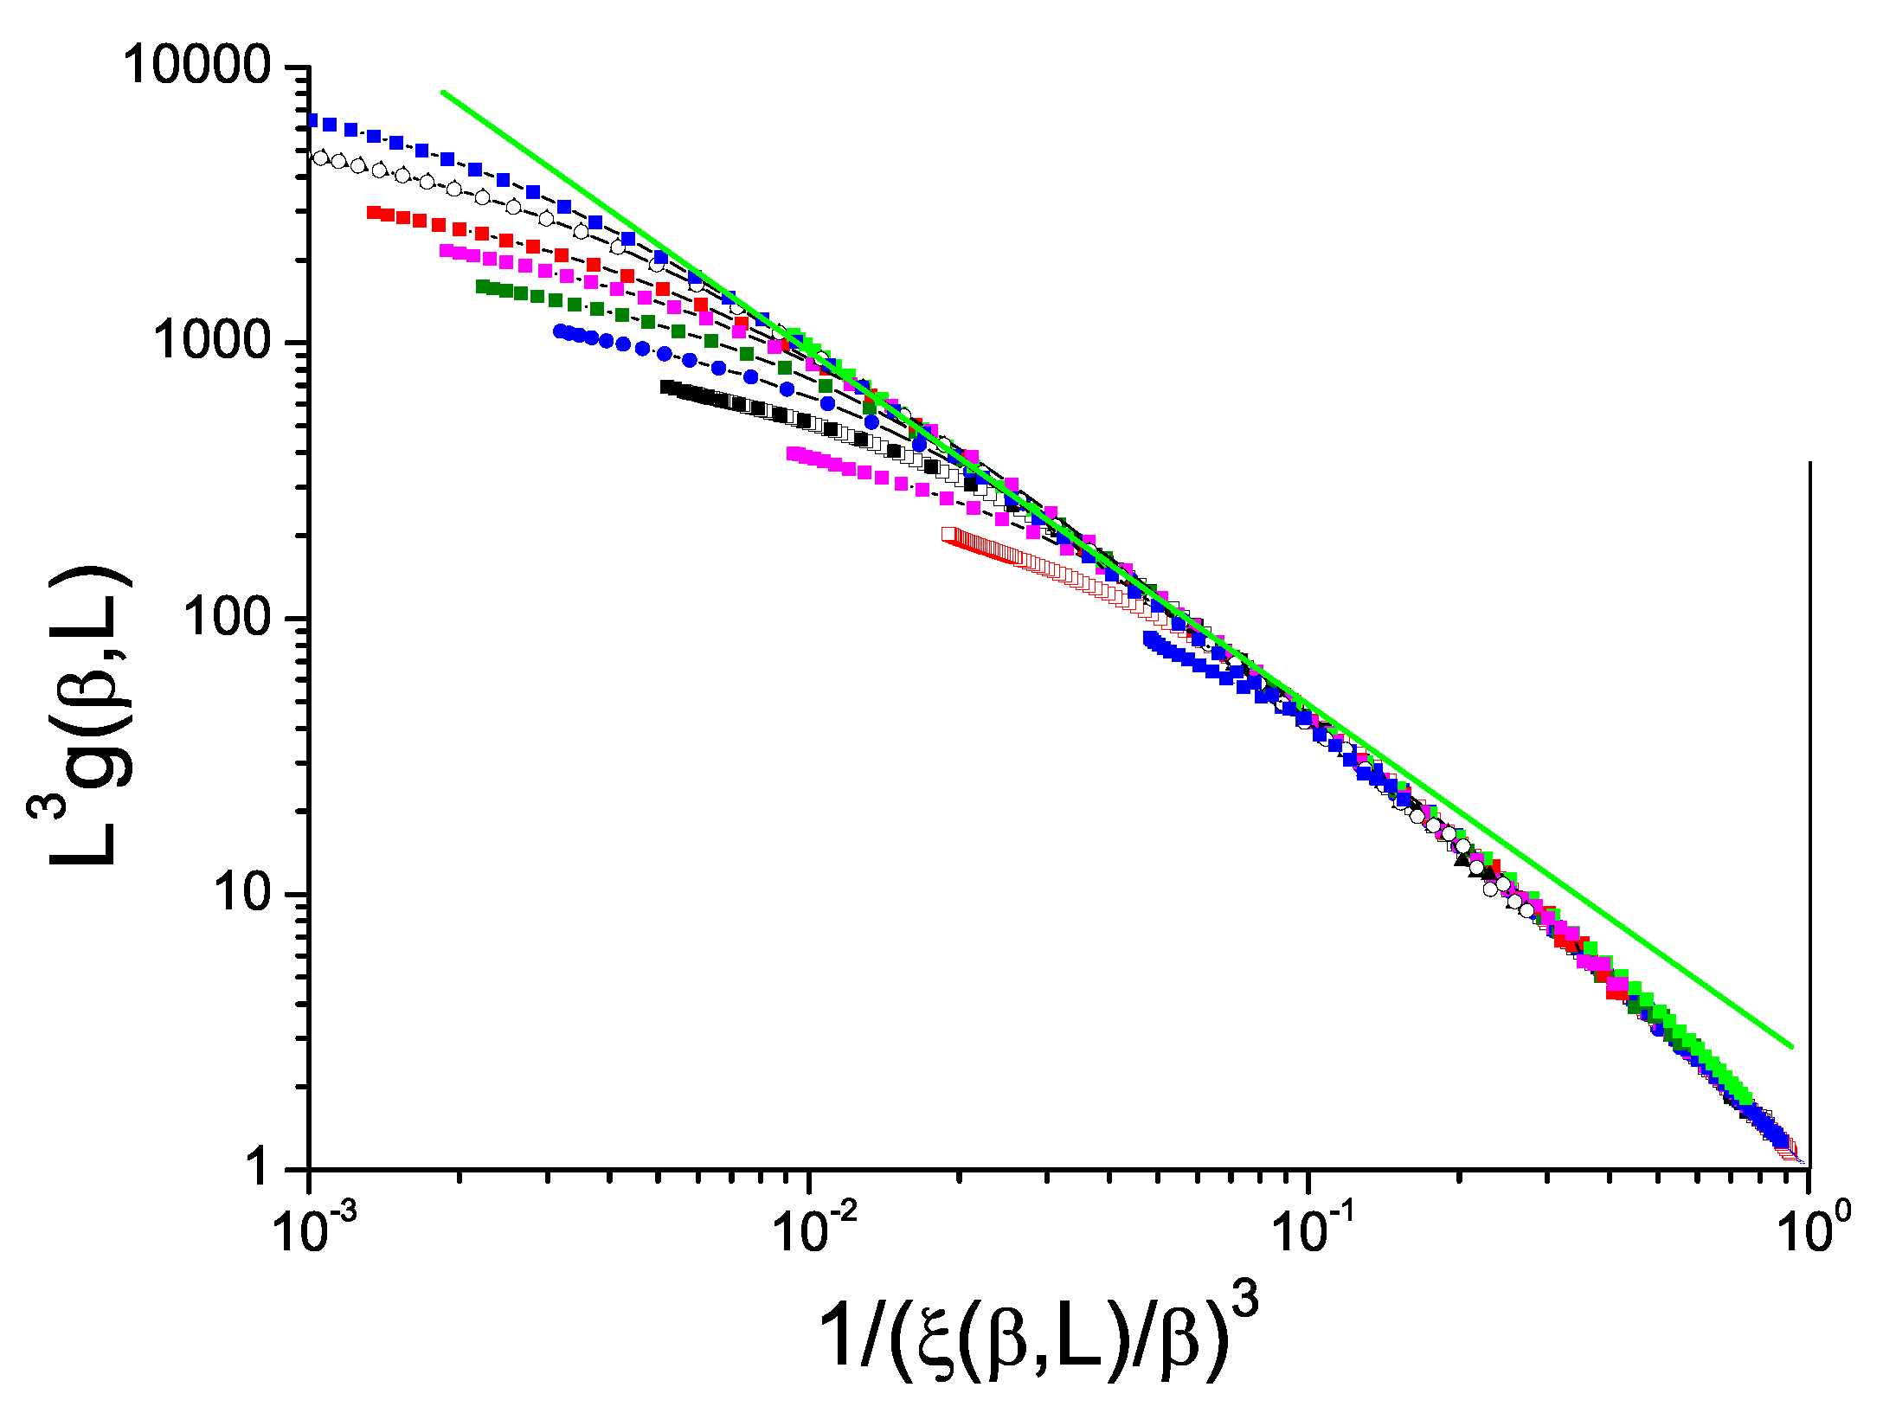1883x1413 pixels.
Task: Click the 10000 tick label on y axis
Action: [197, 65]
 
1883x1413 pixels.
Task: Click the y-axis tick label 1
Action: [258, 1167]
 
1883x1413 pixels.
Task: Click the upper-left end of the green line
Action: [443, 92]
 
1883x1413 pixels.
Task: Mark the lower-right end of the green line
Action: [1792, 1047]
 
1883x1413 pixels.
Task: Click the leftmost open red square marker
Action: [949, 534]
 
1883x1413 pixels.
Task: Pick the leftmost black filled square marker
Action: [665, 387]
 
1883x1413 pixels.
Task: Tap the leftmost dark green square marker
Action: [482, 286]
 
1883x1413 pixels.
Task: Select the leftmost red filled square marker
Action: [373, 212]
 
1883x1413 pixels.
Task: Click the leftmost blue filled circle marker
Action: [559, 331]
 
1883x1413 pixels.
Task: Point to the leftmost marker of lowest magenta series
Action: [793, 453]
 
